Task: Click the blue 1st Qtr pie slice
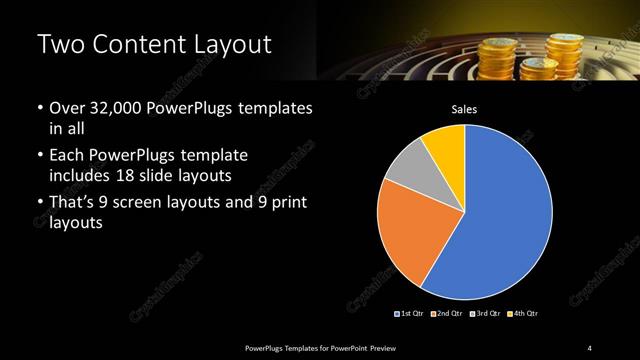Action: tap(505, 215)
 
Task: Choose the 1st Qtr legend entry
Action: tap(411, 314)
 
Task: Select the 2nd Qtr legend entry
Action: tap(448, 314)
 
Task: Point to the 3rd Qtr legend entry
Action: tap(486, 314)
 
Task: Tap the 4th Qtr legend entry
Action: tap(523, 314)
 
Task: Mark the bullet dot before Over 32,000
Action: tap(39, 108)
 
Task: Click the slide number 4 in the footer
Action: tap(590, 347)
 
